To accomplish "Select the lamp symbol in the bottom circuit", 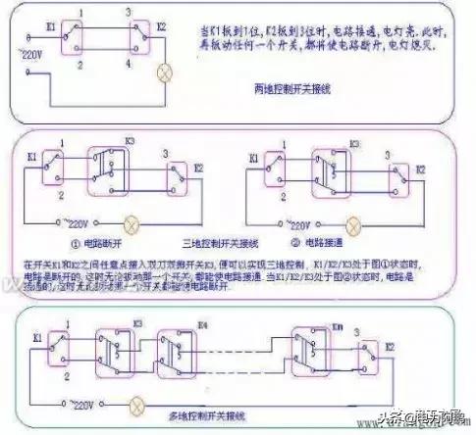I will (x=141, y=400).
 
